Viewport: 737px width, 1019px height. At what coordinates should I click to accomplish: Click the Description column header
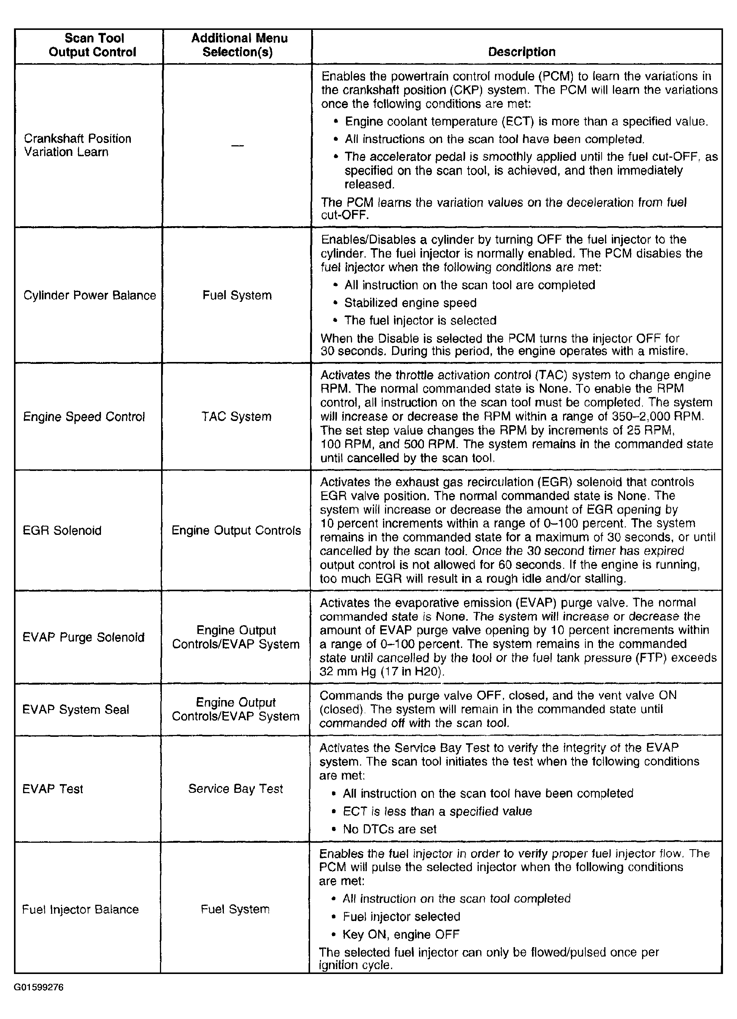(x=521, y=52)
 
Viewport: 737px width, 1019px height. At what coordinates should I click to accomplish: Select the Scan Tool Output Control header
(x=93, y=45)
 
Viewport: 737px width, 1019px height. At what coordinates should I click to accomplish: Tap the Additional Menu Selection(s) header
(x=239, y=45)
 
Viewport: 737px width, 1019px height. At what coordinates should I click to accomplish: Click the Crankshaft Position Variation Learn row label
(x=77, y=145)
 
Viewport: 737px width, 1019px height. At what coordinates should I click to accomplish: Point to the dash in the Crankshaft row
(x=237, y=146)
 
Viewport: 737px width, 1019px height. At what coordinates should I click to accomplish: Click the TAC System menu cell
(x=236, y=416)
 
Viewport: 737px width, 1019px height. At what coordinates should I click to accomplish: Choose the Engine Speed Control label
(x=84, y=417)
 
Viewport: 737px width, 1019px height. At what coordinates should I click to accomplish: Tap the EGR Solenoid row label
(x=62, y=530)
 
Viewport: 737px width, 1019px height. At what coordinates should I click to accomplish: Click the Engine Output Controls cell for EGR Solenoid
(x=236, y=530)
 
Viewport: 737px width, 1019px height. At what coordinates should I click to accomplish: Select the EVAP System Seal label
(x=76, y=710)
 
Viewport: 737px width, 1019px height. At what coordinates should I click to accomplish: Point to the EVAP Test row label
(x=53, y=789)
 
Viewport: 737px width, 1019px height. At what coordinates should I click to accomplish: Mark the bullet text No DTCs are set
(x=389, y=829)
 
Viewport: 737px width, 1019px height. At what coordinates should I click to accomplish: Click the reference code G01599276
(x=39, y=987)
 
